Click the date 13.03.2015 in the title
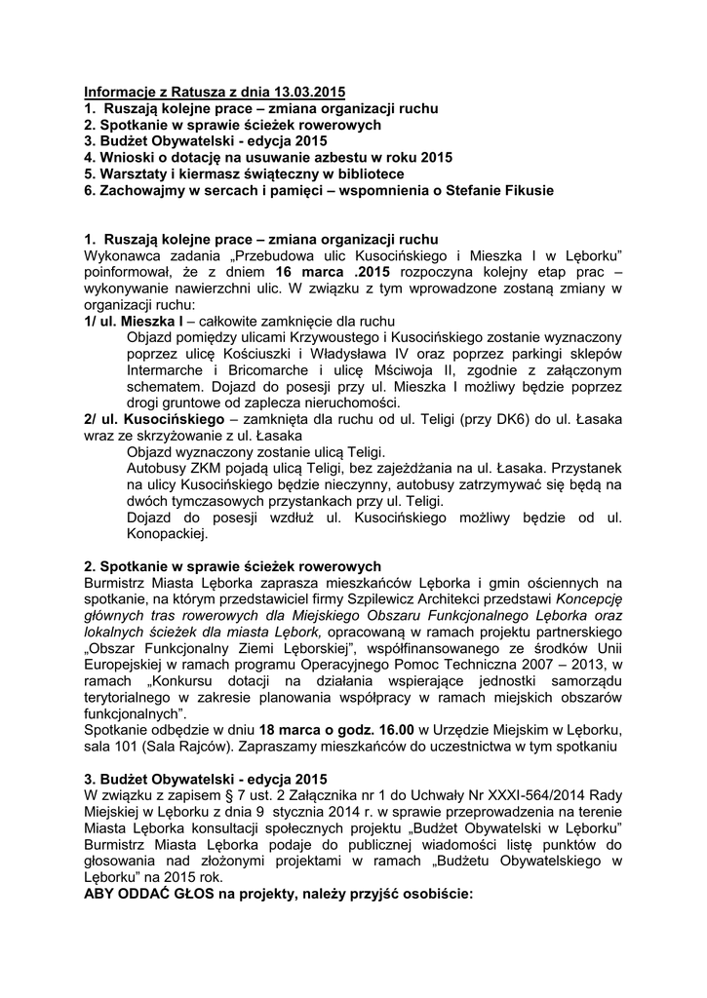pos(298,92)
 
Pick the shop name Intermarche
pos(167,369)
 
